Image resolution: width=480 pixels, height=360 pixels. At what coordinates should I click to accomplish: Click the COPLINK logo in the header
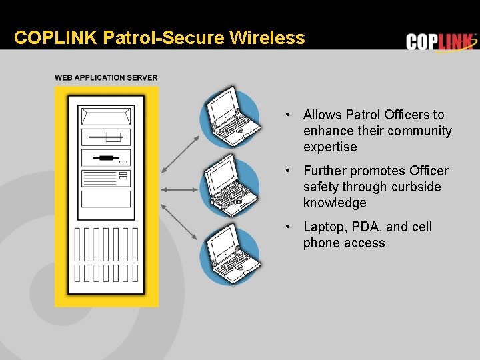441,42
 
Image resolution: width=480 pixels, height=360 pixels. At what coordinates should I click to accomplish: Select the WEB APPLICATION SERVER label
106,77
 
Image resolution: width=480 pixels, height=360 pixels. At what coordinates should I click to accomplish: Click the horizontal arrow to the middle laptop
181,190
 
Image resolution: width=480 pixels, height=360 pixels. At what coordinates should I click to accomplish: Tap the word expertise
330,147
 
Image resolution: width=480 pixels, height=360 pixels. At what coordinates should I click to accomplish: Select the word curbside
416,187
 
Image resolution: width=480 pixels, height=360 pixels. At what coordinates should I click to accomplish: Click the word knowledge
335,203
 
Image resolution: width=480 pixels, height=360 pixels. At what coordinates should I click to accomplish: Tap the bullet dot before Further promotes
286,171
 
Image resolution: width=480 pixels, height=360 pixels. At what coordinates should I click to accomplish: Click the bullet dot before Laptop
286,227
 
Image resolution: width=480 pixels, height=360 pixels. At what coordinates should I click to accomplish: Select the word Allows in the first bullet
323,115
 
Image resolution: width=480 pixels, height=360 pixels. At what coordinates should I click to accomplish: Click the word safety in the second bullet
321,187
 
